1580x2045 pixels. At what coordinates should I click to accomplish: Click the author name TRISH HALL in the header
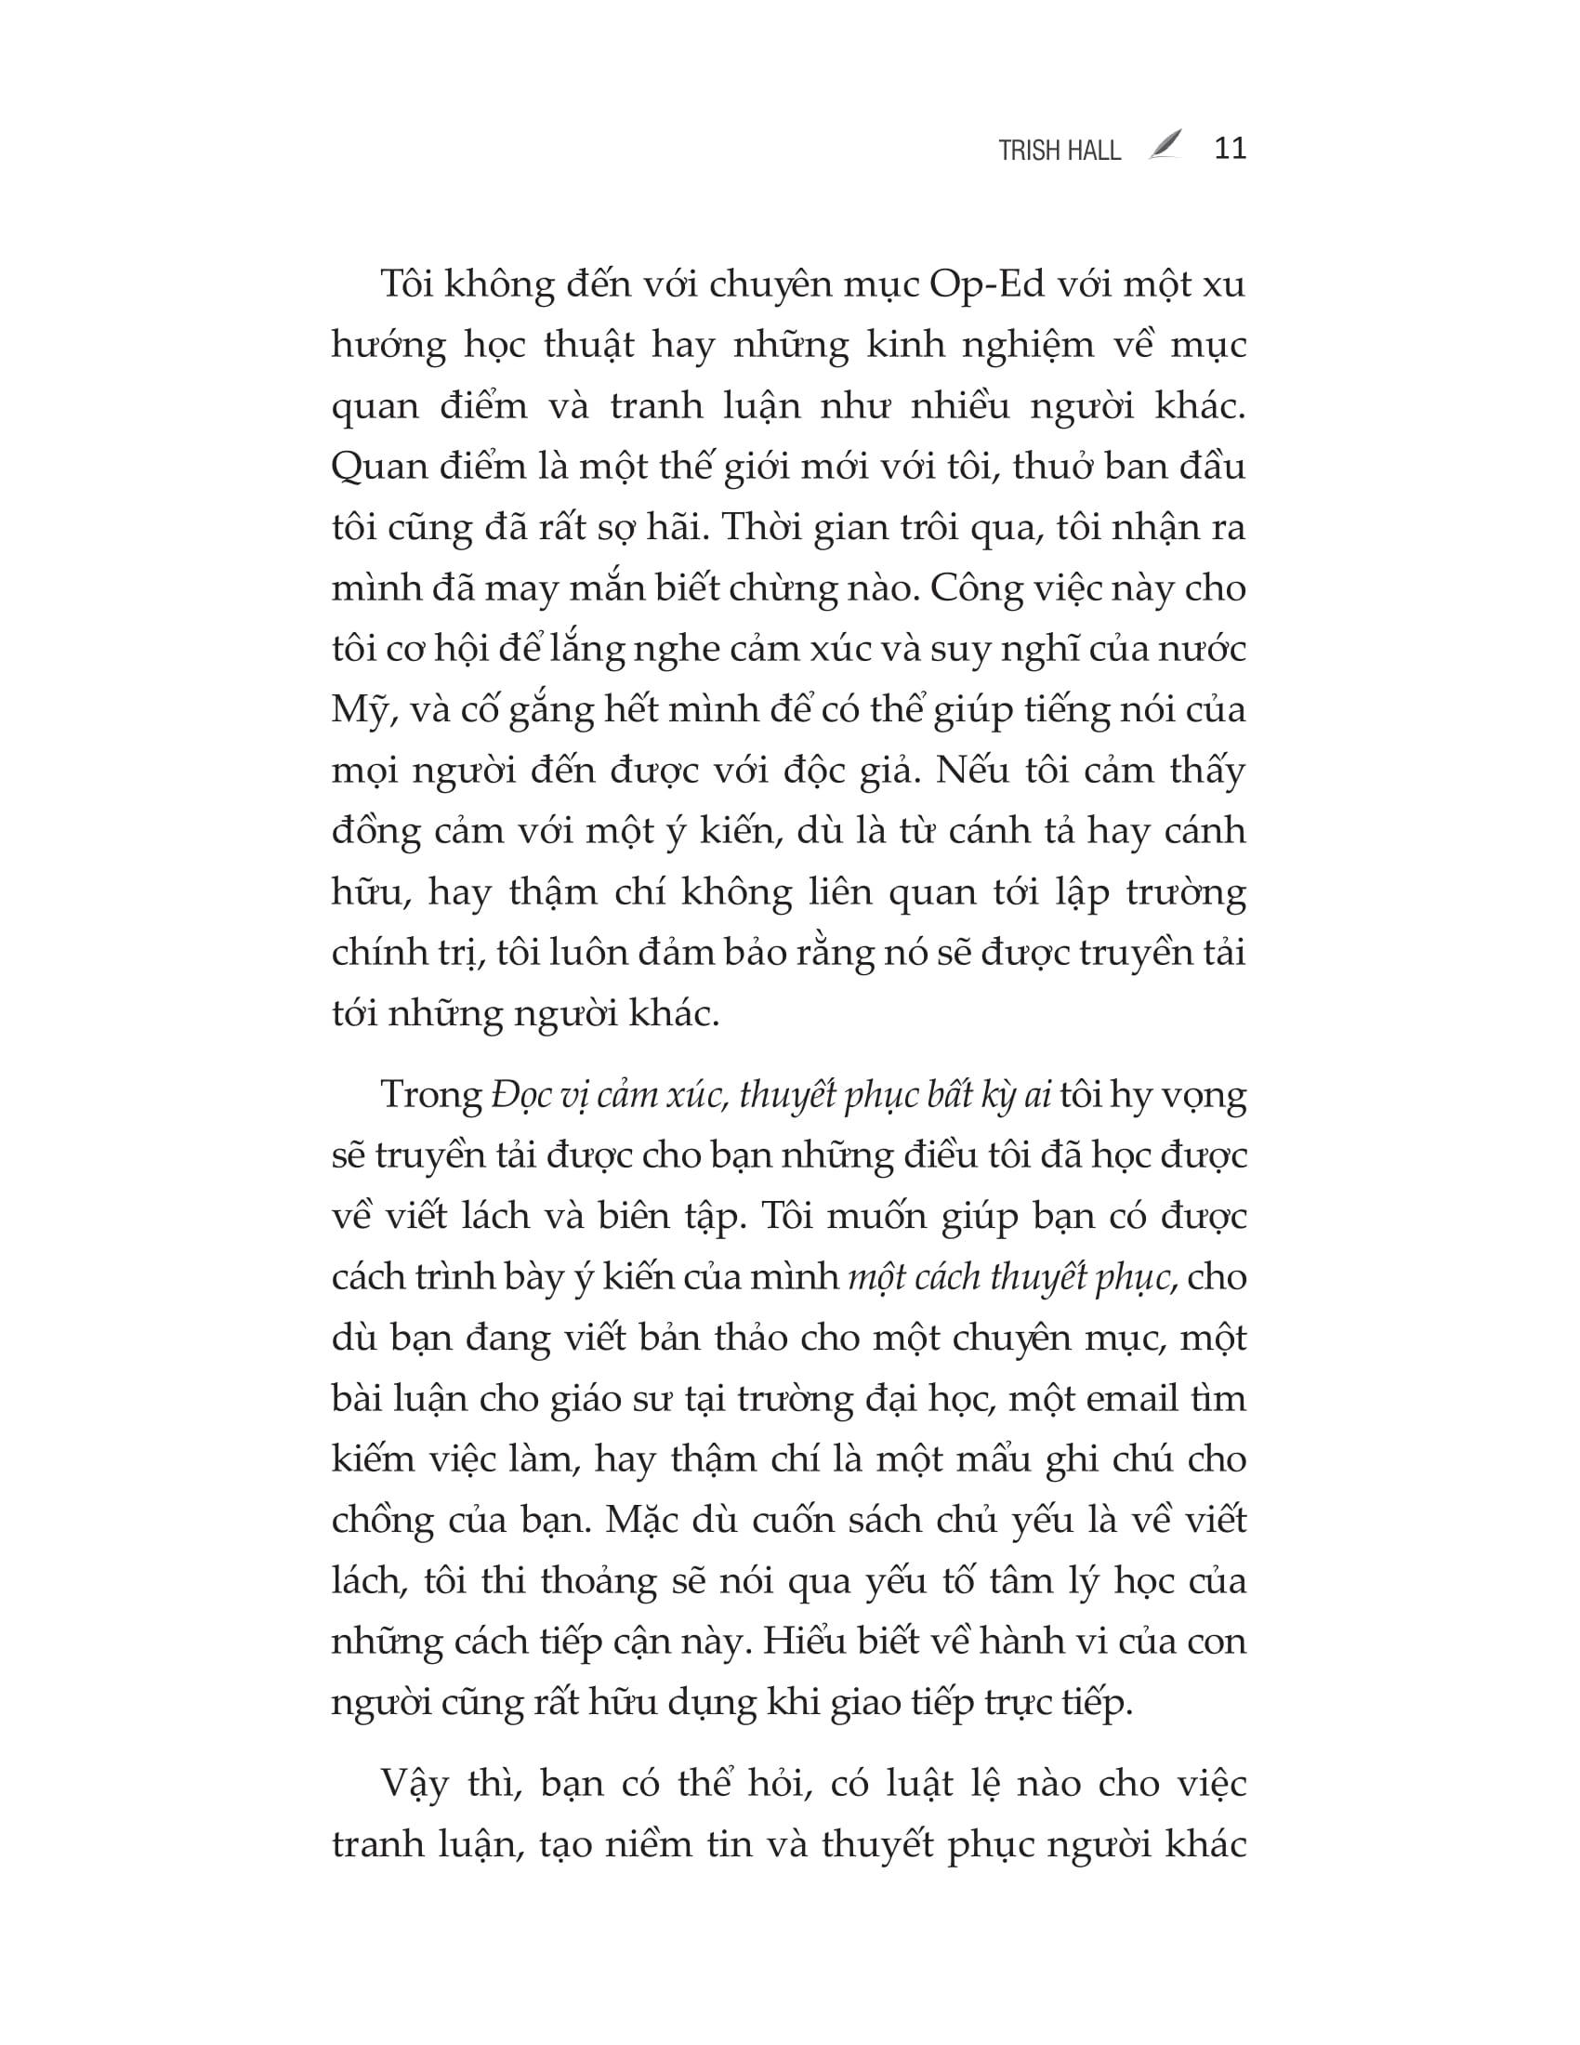click(1059, 151)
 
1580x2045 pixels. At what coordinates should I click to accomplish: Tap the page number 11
click(1230, 149)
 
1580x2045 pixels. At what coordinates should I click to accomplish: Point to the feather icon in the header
click(1165, 146)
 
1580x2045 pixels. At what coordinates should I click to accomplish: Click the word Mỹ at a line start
click(354, 711)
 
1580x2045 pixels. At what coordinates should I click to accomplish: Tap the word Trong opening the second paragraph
click(430, 1096)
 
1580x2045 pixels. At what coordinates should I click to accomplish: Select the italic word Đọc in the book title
click(514, 1096)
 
